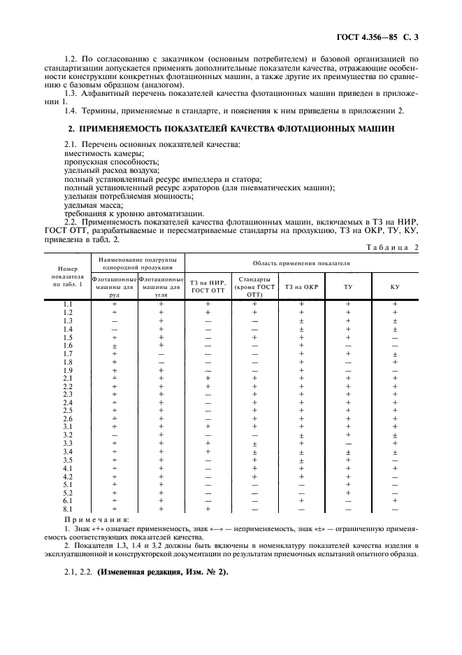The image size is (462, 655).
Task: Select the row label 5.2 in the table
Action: (68, 492)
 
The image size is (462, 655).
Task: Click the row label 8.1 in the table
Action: (68, 509)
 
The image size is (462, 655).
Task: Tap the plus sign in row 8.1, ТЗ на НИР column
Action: (208, 509)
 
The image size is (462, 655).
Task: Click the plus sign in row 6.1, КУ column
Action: (395, 500)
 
